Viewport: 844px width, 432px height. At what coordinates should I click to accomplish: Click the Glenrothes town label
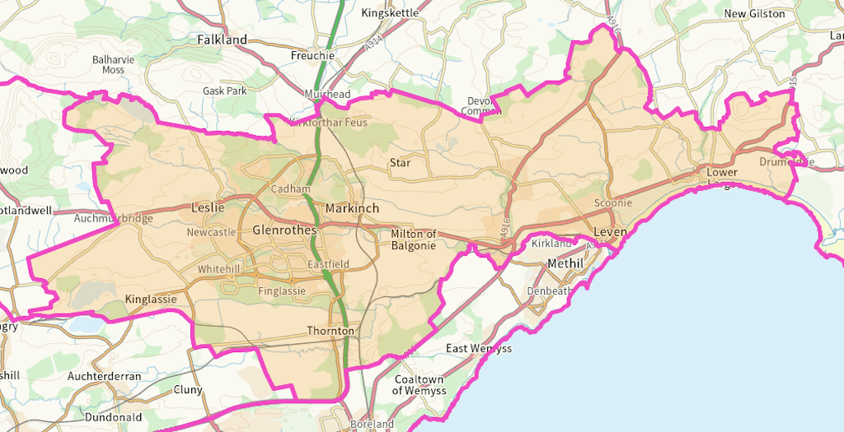click(284, 230)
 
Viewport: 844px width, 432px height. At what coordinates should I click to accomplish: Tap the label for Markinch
click(352, 208)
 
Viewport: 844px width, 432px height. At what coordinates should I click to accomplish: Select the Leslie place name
click(207, 207)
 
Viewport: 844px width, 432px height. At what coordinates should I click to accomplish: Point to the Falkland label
click(222, 39)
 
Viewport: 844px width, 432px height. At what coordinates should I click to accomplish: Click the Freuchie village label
click(312, 56)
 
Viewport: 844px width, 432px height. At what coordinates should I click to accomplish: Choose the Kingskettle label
click(390, 13)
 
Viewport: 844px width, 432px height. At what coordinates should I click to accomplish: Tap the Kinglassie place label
click(151, 300)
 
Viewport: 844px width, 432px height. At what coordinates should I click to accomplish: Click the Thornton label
click(330, 331)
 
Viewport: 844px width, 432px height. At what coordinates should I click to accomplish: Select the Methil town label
click(565, 263)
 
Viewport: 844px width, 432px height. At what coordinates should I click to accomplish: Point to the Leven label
click(610, 233)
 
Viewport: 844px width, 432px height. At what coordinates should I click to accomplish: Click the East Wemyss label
click(479, 349)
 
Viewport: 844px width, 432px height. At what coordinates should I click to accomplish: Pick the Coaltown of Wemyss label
click(419, 385)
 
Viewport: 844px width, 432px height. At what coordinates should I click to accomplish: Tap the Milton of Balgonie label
click(414, 239)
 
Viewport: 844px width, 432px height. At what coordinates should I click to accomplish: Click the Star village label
click(400, 163)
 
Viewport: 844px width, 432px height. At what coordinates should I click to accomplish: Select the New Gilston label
click(754, 14)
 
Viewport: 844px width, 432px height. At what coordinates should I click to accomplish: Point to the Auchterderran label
click(105, 377)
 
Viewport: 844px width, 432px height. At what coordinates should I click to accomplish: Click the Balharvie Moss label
click(114, 65)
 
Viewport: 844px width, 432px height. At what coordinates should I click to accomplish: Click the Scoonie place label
click(613, 203)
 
